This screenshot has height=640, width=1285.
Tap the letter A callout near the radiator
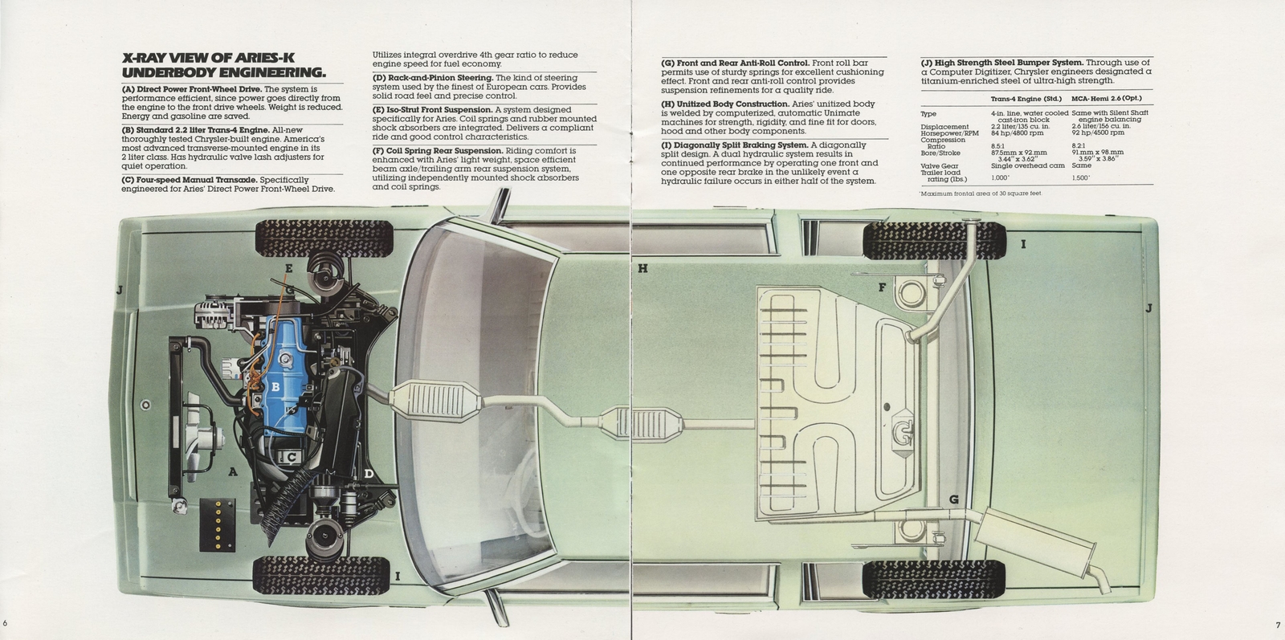(233, 472)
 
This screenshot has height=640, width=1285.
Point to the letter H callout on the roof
(642, 269)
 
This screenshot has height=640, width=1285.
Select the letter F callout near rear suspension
(881, 287)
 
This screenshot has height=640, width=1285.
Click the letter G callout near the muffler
(954, 499)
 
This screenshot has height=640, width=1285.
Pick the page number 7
(1276, 625)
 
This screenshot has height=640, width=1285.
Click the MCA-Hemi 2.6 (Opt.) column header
(1106, 99)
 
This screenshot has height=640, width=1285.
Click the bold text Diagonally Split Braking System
(734, 145)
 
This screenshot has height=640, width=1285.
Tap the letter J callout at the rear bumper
(1149, 308)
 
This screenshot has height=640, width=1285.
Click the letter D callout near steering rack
(369, 474)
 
